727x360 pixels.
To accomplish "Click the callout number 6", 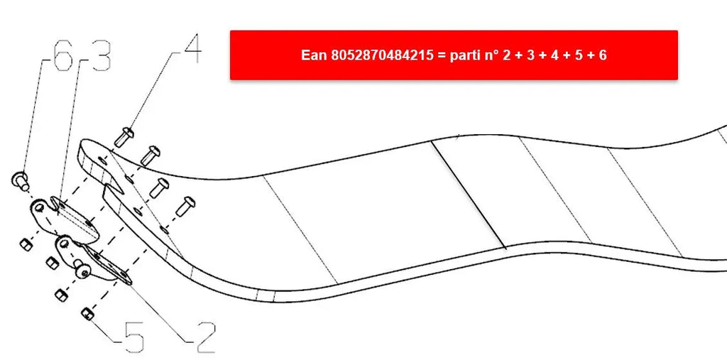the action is coord(63,55).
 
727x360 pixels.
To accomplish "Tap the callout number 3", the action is coord(101,55).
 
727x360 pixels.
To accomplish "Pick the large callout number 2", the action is coord(204,338).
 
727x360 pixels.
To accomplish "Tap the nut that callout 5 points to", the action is coord(87,315).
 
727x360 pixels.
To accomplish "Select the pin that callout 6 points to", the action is coord(19,180).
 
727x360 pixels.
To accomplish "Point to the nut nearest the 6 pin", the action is coord(26,244).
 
